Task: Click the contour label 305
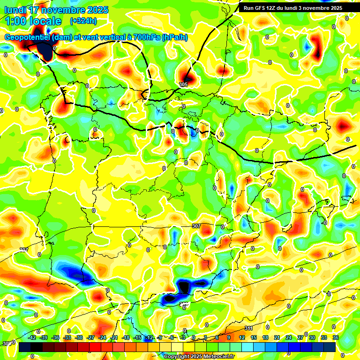pyautogui.click(x=183, y=84)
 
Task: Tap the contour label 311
pyautogui.click(x=249, y=328)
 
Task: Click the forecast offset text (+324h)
pyautogui.click(x=83, y=21)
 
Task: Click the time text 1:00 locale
pyautogui.click(x=33, y=21)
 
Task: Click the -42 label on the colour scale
pyautogui.click(x=32, y=337)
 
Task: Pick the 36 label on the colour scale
pyautogui.click(x=336, y=337)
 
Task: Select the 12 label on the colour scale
pyautogui.click(x=242, y=337)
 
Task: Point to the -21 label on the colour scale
pyautogui.click(x=114, y=337)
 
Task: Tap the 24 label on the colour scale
pyautogui.click(x=289, y=337)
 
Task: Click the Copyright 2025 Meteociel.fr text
pyautogui.click(x=199, y=356)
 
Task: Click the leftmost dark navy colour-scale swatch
pyautogui.click(x=25, y=347)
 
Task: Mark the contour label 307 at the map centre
pyautogui.click(x=196, y=226)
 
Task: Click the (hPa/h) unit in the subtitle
pyautogui.click(x=174, y=37)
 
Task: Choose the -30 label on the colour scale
pyautogui.click(x=79, y=337)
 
